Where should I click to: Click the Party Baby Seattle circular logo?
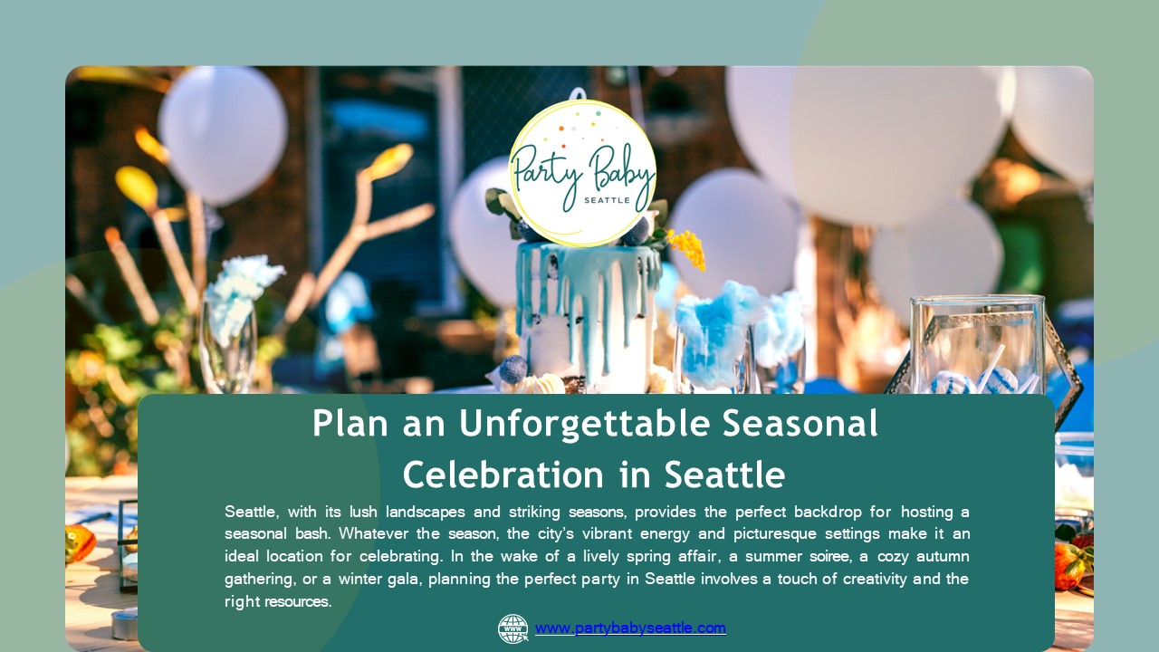582,172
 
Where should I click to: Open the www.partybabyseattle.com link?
630,628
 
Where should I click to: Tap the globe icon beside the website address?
512,628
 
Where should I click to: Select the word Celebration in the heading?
503,475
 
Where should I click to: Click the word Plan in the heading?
349,424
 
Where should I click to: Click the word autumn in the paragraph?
939,556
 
